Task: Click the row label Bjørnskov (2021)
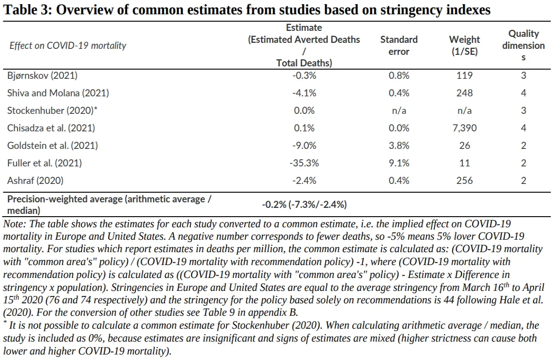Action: (42, 76)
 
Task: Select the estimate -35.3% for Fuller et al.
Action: (304, 163)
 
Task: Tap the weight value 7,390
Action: (465, 128)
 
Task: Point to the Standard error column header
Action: (399, 46)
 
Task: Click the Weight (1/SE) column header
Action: (465, 46)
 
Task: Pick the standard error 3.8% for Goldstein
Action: (399, 146)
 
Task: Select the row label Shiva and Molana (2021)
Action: (58, 93)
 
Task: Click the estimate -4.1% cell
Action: (304, 93)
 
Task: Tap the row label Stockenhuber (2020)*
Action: (53, 110)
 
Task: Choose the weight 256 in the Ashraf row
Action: (465, 181)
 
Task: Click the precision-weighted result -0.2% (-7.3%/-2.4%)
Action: (305, 205)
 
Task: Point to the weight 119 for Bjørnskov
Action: (465, 76)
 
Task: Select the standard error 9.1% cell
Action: (399, 163)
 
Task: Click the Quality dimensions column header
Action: (524, 46)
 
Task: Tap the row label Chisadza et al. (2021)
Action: (51, 128)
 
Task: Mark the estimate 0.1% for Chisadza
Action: (304, 128)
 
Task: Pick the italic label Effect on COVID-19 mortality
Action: (68, 46)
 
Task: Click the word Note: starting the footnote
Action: (15, 224)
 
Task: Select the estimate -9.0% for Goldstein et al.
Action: (304, 146)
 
